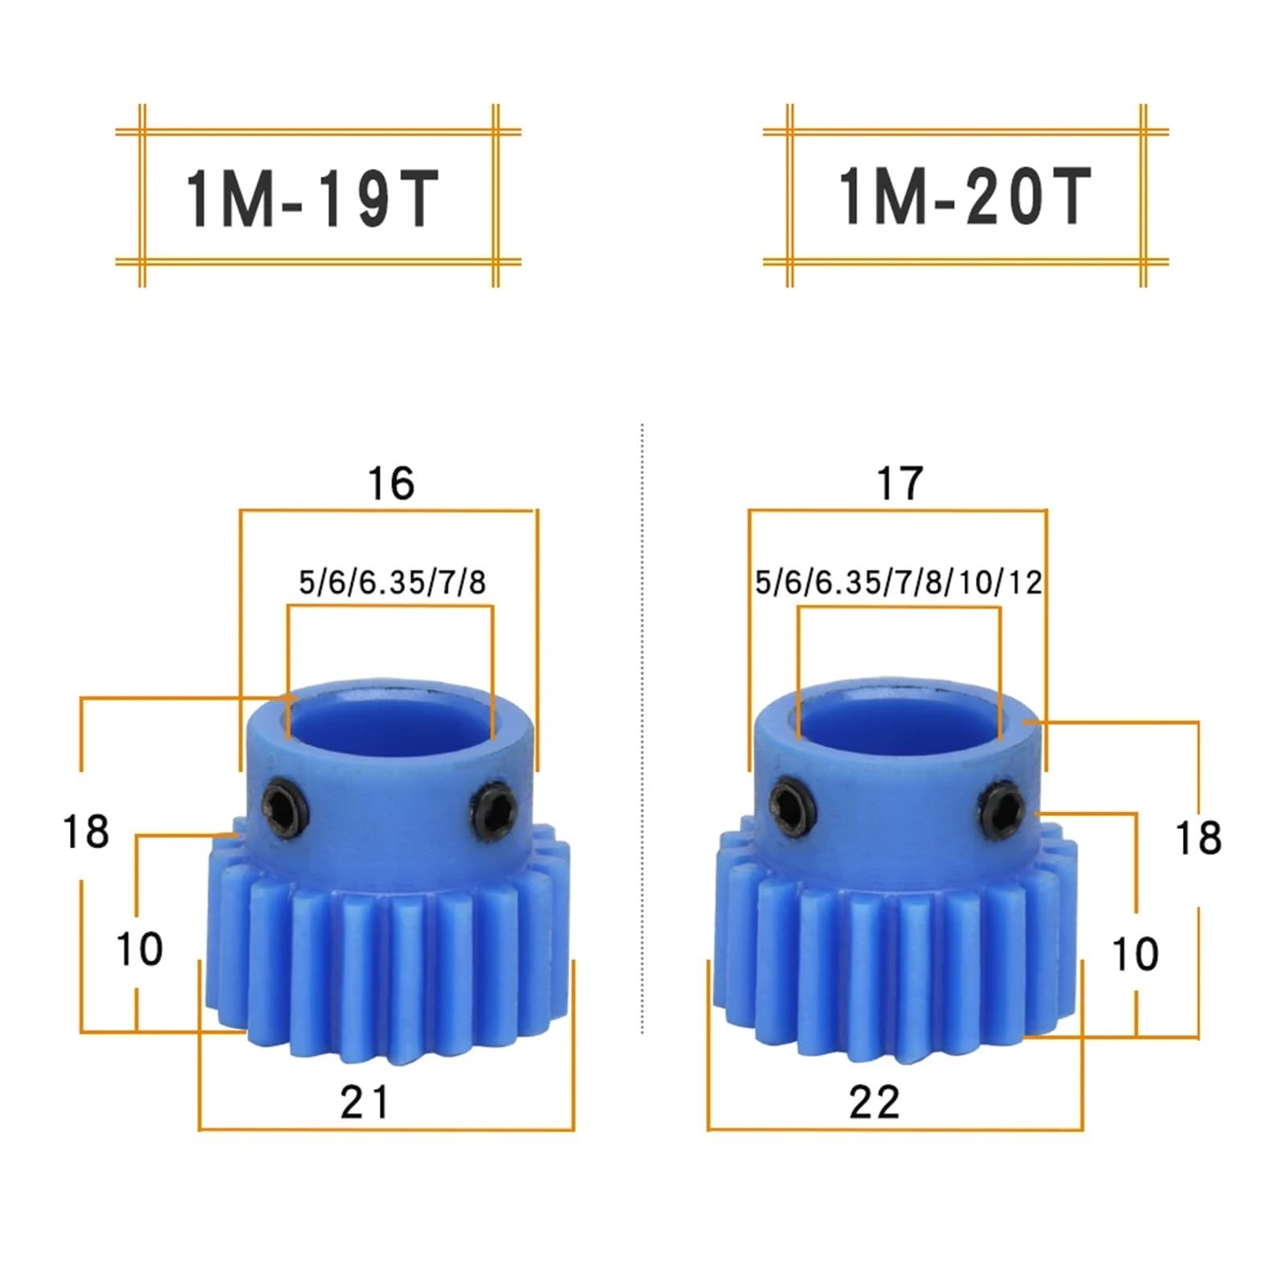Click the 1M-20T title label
(964, 198)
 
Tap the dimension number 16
(390, 484)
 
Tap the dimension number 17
(899, 484)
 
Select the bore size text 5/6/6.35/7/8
(392, 582)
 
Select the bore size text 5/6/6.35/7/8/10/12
(898, 582)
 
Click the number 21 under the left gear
(364, 1102)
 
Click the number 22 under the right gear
(874, 1102)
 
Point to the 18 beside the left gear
(85, 832)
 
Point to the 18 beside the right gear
(1197, 838)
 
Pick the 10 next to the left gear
(139, 949)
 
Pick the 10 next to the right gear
(1134, 954)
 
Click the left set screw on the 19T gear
(285, 806)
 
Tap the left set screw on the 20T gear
(793, 805)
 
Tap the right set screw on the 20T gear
(1002, 806)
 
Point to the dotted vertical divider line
(642, 723)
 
